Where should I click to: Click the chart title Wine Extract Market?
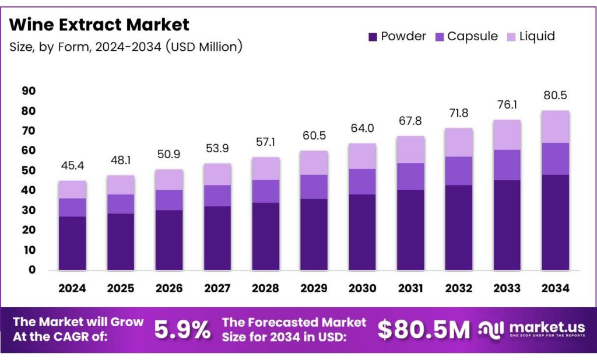point(100,25)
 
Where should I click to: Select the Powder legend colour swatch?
point(373,37)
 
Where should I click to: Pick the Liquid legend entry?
point(530,36)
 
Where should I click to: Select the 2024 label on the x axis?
point(72,288)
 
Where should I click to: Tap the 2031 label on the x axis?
point(410,288)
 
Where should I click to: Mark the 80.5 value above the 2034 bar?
point(555,96)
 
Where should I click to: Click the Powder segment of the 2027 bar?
point(217,238)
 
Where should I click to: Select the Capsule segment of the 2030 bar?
point(362,181)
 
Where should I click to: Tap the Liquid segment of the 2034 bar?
point(555,127)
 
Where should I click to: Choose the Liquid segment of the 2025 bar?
point(121,185)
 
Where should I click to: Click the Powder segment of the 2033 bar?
point(507,225)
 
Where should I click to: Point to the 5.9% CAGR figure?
point(182,330)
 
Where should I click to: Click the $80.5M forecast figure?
point(424,330)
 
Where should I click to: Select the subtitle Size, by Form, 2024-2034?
point(125,47)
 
